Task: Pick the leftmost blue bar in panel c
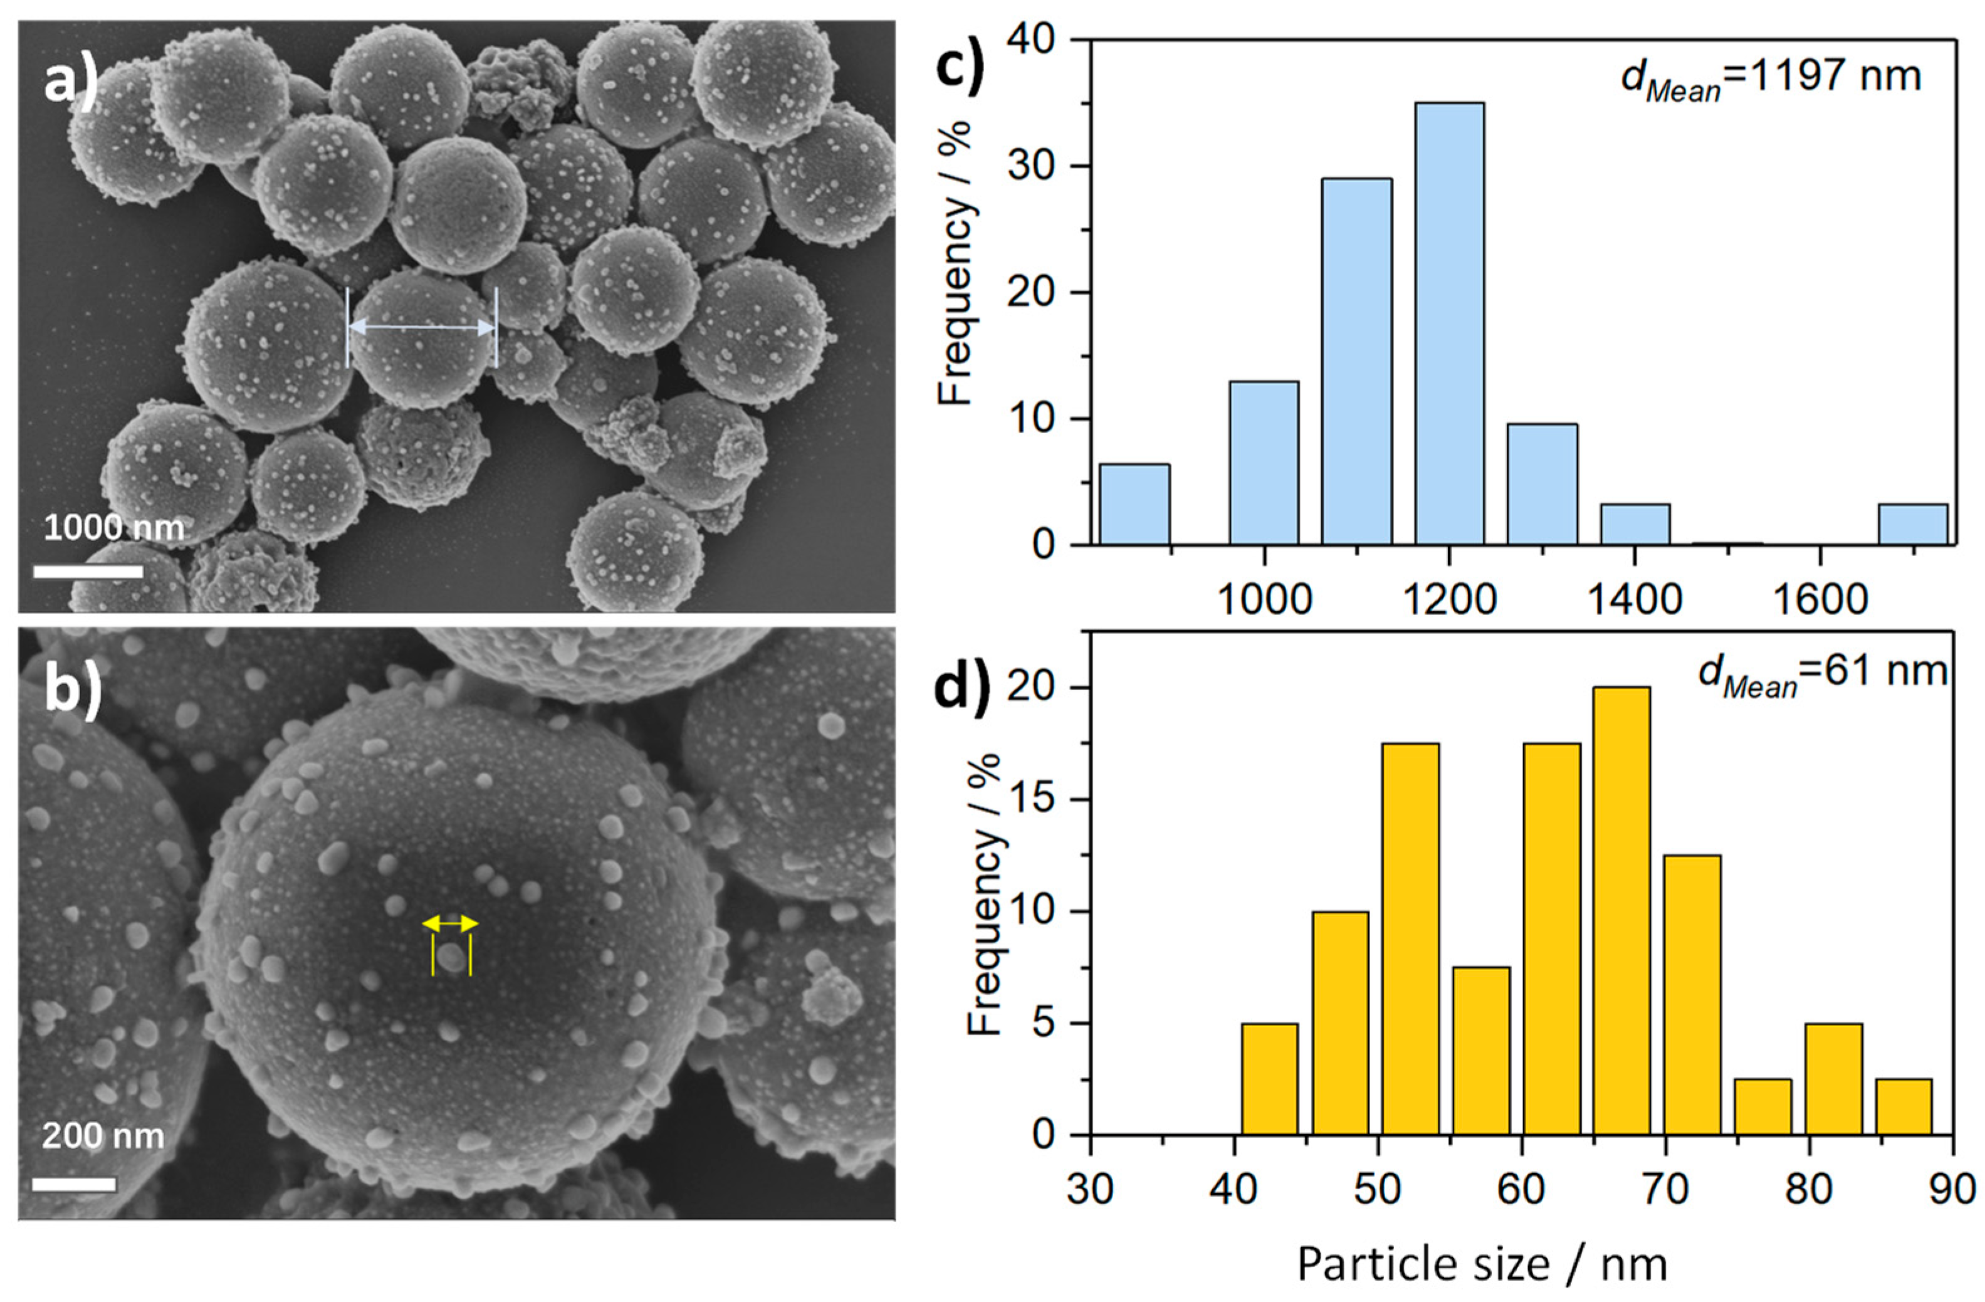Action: [x=1134, y=505]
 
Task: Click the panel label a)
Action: [x=71, y=81]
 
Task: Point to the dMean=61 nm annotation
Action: [x=1823, y=671]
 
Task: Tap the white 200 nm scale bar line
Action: [x=74, y=1184]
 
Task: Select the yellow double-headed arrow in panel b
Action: [x=451, y=923]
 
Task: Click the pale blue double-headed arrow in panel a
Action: [x=421, y=328]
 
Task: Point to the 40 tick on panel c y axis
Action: [x=1032, y=39]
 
